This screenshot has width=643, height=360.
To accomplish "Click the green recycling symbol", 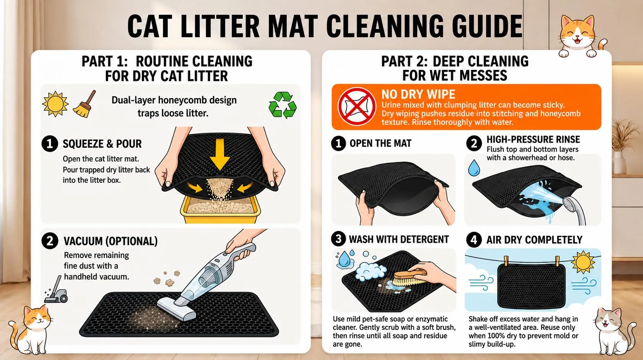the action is [x=282, y=105].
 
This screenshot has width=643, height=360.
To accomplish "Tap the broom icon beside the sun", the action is [x=85, y=104].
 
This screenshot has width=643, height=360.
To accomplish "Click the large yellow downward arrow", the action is [x=219, y=154].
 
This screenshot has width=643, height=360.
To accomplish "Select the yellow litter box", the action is [x=220, y=209].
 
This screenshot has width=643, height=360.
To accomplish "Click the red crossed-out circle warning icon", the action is [x=356, y=107].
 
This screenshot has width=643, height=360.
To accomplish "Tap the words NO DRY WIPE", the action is [x=418, y=94].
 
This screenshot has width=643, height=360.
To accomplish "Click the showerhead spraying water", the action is [x=574, y=209].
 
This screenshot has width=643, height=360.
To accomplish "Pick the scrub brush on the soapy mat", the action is [x=409, y=276].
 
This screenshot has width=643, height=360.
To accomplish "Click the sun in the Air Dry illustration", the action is [x=583, y=262].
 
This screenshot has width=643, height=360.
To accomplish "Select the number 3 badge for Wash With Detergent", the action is [x=338, y=239].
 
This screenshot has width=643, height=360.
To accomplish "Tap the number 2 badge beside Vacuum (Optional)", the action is [x=49, y=241].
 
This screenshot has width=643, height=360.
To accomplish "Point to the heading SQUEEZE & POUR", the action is [x=102, y=144].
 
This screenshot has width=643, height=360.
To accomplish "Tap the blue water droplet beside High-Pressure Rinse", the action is [x=474, y=168].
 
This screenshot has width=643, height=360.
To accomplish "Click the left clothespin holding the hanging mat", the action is [x=506, y=261].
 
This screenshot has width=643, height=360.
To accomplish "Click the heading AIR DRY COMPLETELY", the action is [x=534, y=240].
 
